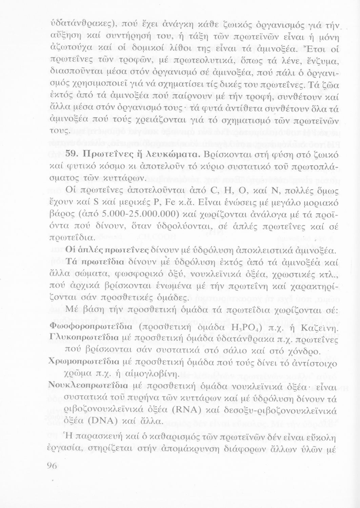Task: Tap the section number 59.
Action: [x=72, y=154]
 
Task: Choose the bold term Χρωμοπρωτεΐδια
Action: [x=84, y=362]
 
